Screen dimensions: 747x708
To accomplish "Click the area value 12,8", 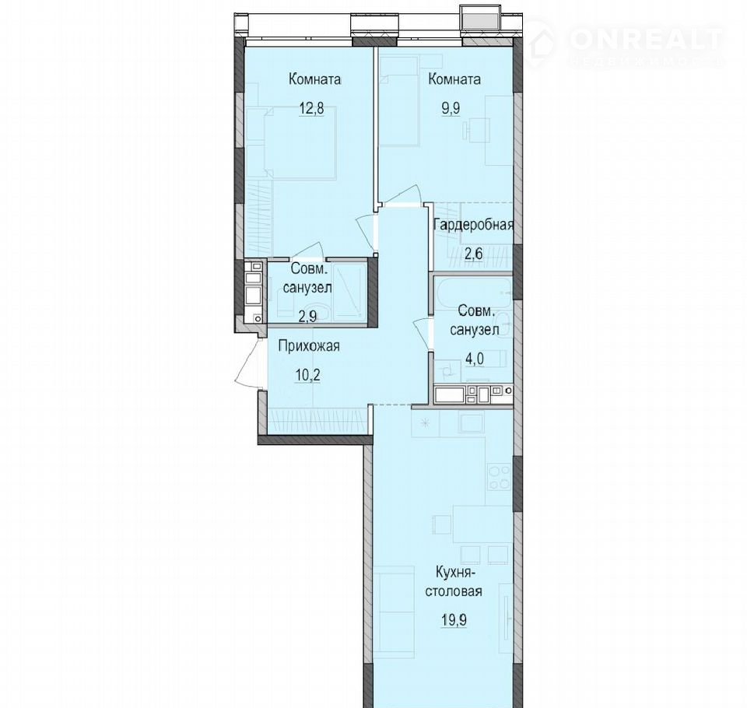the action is (311, 108).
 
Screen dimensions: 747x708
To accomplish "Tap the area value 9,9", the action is (451, 108).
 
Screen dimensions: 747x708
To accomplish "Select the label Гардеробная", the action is (474, 224).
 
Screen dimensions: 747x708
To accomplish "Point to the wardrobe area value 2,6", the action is (474, 253).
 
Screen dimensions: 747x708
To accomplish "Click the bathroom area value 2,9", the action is (307, 317).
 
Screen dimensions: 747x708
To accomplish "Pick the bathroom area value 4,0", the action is (475, 359).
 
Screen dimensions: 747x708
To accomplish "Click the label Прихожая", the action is (309, 346).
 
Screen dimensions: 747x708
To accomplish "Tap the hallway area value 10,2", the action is (307, 376).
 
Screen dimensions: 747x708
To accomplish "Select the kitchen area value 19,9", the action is (453, 620).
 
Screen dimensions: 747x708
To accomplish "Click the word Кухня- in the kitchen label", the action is (453, 571).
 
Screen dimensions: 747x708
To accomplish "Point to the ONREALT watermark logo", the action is (625, 43).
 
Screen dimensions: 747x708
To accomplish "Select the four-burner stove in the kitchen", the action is (499, 476).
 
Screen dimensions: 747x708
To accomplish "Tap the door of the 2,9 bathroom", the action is (308, 251).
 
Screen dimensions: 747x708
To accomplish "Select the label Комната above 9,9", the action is (454, 79).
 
